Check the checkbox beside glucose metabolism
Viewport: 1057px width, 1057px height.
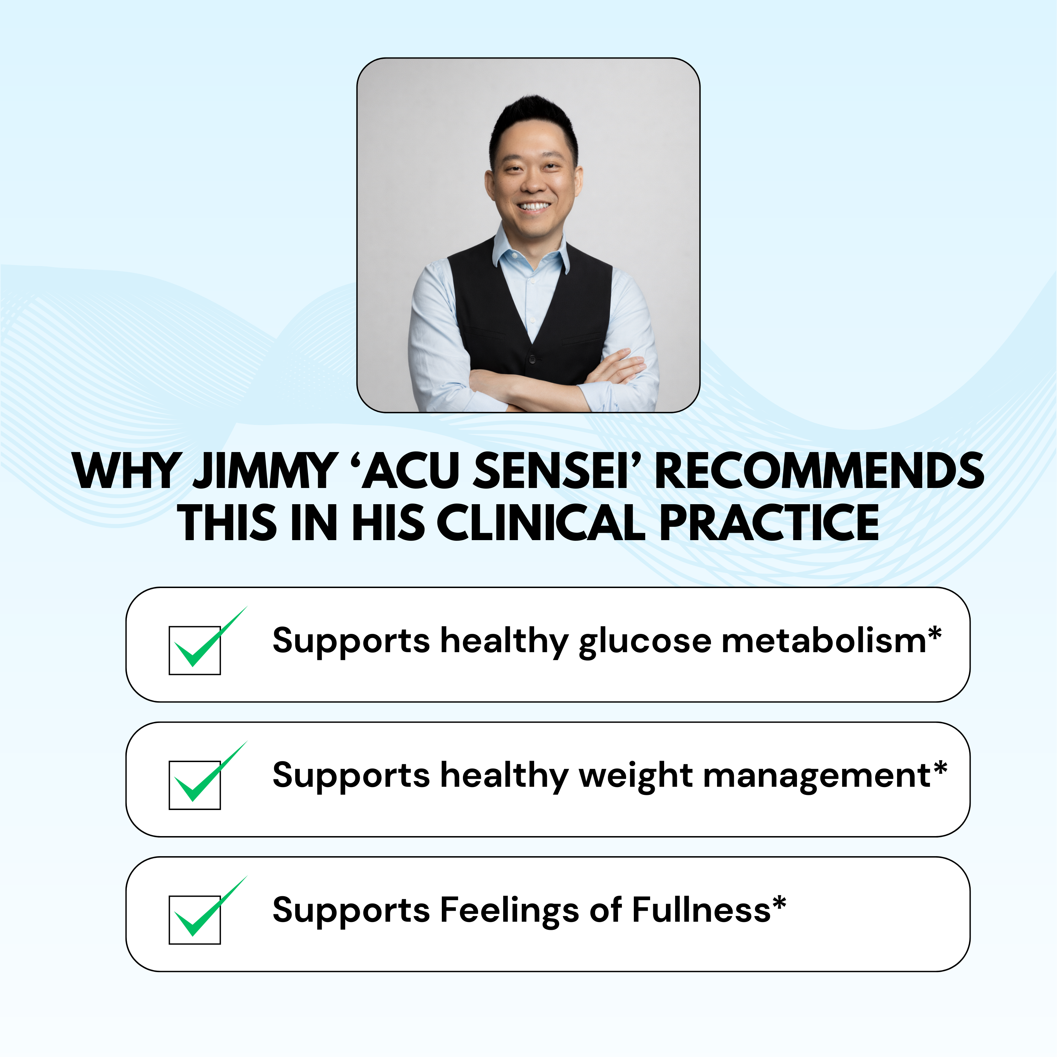coord(195,650)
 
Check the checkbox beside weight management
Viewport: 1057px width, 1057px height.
coord(195,785)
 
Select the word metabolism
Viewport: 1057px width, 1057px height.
coord(823,640)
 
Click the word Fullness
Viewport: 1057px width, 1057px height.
coord(701,910)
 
